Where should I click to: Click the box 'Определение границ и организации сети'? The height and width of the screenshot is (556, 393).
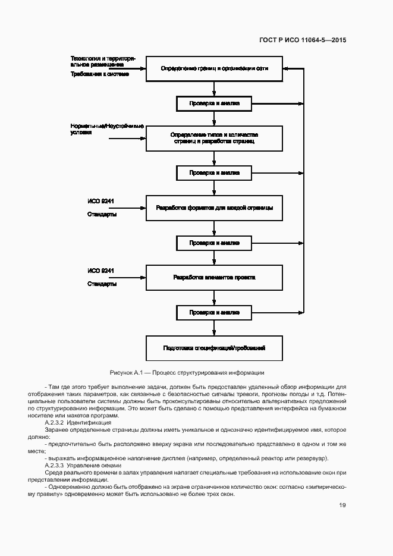coord(215,68)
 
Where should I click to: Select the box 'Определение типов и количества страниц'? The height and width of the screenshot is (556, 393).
coord(215,138)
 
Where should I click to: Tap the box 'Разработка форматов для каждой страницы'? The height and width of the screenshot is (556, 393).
coord(215,208)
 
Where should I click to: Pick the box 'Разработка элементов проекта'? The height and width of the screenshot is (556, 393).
coord(215,277)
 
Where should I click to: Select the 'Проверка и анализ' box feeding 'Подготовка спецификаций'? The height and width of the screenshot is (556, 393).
coord(215,312)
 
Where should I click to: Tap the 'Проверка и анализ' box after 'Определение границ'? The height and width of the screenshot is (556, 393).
coord(215,103)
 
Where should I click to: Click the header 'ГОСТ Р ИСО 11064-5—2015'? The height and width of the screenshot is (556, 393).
coord(303,40)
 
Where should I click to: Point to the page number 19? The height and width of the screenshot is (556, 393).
coord(342,505)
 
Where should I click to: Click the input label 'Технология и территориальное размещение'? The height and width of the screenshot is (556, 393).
coord(103,61)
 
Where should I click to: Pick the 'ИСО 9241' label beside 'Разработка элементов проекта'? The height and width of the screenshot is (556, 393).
coord(101,271)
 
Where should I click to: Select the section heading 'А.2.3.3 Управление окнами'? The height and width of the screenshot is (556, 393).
coord(83,465)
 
